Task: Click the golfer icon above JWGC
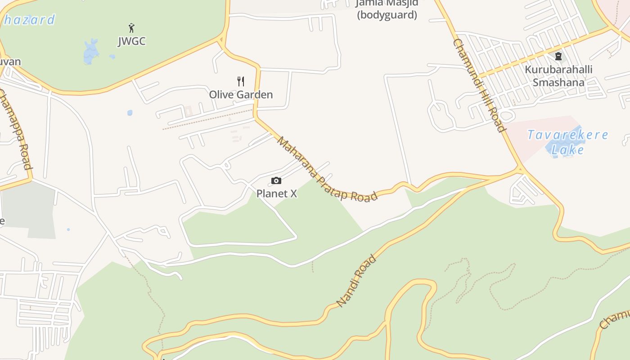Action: point(131,28)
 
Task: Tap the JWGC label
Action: point(132,41)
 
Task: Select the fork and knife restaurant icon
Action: point(241,81)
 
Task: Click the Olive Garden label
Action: point(241,94)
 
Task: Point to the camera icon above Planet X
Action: point(276,181)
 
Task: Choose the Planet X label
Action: point(277,193)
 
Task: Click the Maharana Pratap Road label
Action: point(327,170)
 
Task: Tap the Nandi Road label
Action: point(356,281)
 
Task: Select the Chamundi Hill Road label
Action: point(480,85)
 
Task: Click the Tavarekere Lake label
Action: point(567,142)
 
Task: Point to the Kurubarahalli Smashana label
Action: point(558,76)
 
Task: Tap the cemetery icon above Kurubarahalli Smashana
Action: point(558,57)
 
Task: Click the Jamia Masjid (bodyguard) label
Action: point(387,9)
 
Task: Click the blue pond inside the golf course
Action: point(91,51)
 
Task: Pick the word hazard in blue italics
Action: point(29,20)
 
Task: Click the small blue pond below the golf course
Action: point(130,113)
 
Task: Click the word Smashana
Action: point(558,82)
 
